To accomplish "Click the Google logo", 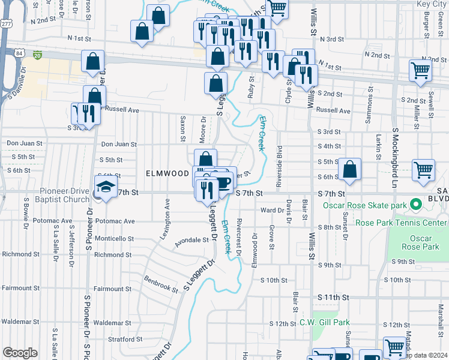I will coord(20,353).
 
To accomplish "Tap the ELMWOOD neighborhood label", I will coord(167,173).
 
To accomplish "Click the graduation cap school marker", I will coord(106,187).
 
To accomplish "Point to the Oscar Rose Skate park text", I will coord(366,205).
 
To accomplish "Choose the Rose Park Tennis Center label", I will coord(401,223).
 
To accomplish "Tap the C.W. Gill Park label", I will coord(324,322).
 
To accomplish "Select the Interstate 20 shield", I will coord(38,55).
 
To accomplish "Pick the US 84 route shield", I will coord(21,54).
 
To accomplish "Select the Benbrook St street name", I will coord(161,284).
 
